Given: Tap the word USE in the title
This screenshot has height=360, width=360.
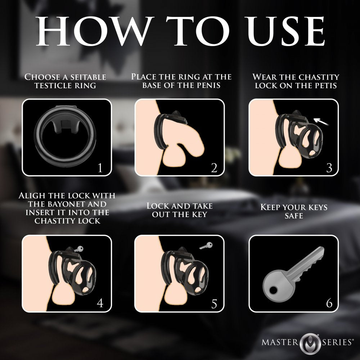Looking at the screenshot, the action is (285, 31).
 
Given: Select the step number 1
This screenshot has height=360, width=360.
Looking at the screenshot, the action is (100, 168).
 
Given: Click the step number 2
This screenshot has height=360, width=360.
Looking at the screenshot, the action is (214, 168).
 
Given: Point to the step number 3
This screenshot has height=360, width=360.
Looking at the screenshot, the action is (329, 168).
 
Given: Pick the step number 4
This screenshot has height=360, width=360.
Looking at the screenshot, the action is (100, 303).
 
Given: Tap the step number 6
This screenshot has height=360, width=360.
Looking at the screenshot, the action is (329, 303).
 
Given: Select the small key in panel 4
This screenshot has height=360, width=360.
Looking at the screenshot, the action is (78, 249).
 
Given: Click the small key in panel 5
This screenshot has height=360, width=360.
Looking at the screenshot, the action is (206, 246).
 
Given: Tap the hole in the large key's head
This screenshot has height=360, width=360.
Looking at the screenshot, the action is (273, 291).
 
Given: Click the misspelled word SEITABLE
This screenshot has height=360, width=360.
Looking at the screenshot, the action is (88, 77).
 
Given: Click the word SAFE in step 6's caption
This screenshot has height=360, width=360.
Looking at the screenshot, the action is (294, 216).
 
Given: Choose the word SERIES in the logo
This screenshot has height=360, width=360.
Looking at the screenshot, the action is (336, 342).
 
